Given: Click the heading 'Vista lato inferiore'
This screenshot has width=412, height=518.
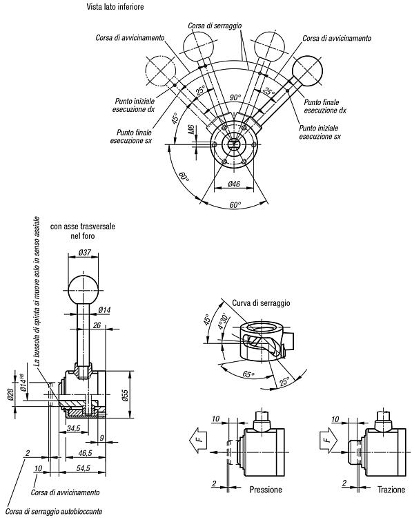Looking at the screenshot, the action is point(115,7).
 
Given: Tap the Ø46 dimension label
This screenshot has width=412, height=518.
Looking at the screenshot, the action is point(234,184).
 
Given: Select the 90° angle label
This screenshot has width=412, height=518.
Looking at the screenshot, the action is point(235,97).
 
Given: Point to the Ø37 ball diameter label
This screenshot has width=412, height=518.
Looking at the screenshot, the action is point(84,253).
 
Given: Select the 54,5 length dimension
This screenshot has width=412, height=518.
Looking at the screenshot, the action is point(83,468).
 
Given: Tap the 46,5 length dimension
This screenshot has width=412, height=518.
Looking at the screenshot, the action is point(85,453).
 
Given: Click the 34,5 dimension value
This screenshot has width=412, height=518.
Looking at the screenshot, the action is point(73,428).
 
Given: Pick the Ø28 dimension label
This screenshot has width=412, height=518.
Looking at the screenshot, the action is point(11,394).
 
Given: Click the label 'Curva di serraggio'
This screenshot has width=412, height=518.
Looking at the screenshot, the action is point(261,303).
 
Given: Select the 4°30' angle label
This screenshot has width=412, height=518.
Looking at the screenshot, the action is point(223,321).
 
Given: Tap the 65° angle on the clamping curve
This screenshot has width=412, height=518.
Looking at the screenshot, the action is point(248,374).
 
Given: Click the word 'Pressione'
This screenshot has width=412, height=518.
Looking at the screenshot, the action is point(266,489).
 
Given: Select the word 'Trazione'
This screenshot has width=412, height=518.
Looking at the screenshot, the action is point(391,489).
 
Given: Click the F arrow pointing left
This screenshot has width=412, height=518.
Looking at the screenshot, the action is point(199,439).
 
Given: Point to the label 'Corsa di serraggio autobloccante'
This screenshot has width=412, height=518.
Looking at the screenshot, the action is point(54,511).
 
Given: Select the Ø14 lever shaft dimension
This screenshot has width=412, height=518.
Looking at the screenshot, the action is point(105,309).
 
